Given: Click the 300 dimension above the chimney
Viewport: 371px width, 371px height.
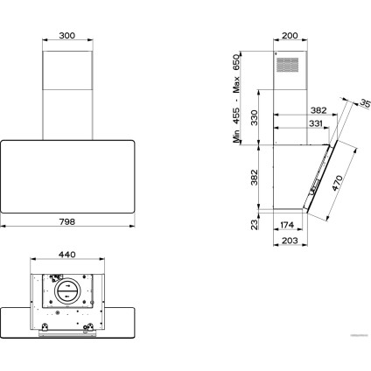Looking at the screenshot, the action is pos(67,36).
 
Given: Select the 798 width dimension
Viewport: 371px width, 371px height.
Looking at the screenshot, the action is pos(67,221).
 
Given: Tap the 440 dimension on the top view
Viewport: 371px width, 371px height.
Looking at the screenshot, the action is pos(67,255).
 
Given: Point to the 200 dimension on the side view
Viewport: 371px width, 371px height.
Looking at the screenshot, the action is pos(290,36).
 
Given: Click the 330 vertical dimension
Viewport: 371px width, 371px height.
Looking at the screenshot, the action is pos(255,117).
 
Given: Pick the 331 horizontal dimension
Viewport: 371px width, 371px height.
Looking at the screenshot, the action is pos(316,123).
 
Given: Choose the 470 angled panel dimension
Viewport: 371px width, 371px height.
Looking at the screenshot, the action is pos(337,183).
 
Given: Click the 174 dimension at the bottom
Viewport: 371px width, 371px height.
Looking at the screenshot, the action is pos(287,225).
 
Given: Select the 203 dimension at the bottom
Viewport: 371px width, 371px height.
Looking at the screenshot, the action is pos(290,241).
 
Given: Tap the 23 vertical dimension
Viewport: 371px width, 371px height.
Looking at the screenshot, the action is pos(255,225).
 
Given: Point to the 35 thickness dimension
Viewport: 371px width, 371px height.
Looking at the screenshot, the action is pos(365,103).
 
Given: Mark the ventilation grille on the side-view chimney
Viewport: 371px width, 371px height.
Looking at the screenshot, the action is pos(287,65).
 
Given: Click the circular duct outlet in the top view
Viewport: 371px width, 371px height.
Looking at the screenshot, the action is pos(66,291).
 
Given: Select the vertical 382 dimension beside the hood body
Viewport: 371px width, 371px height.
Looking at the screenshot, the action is pos(255,177).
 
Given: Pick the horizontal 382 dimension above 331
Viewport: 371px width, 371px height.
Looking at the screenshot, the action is pos(318,110).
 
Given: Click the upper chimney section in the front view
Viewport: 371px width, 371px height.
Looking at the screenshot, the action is pos(67,70).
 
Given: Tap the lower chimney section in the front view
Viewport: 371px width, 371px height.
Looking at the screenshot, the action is pos(67,115).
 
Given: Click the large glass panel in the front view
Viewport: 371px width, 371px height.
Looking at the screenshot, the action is pos(67,177).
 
